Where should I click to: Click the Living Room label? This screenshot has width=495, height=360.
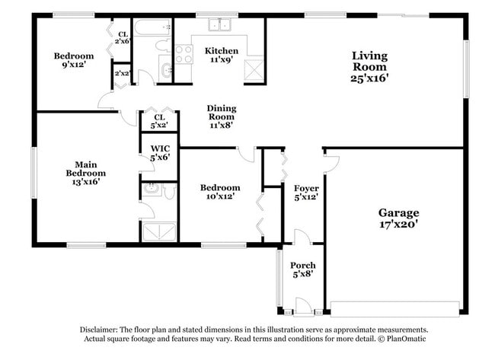(x=369, y=66)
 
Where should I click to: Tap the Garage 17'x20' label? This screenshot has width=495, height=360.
(x=399, y=218)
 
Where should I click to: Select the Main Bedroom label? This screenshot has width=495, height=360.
(x=85, y=173)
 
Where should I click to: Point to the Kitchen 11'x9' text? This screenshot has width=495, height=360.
(x=221, y=56)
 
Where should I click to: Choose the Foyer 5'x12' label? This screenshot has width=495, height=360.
(x=306, y=192)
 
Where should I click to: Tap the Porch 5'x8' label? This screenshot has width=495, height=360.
(x=303, y=270)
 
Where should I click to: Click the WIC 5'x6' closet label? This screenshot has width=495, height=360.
(x=160, y=152)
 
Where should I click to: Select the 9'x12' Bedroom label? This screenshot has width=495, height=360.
(x=74, y=61)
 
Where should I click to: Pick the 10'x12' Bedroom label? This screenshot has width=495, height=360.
(x=220, y=192)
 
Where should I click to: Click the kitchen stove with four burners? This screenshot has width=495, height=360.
(x=184, y=53)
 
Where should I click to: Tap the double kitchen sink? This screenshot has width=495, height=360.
(x=221, y=25)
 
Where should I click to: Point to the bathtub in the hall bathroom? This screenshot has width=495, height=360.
(x=152, y=27)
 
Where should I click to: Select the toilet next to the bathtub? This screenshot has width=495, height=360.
(x=164, y=46)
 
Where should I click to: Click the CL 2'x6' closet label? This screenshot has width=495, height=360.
(x=123, y=38)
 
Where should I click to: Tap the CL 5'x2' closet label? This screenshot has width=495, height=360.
(x=159, y=121)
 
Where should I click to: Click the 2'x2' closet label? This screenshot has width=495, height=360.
(x=122, y=74)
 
